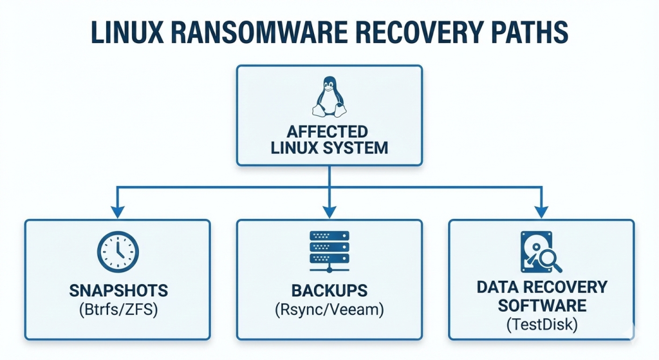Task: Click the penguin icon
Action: click(329, 97)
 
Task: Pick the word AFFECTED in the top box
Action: click(329, 131)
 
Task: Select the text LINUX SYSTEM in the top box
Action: click(329, 147)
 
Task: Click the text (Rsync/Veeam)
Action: click(329, 310)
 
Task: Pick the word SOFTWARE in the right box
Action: click(541, 303)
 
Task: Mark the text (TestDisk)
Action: click(541, 323)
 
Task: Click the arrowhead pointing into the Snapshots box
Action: click(117, 211)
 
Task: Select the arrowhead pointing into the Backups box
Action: click(329, 211)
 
